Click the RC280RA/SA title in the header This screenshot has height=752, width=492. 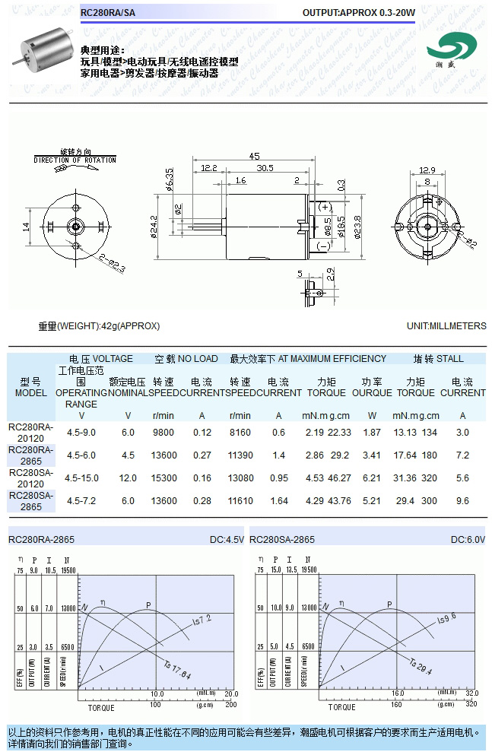point(108,13)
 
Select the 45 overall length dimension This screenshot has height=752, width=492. point(253,157)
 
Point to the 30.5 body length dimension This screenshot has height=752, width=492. point(265,168)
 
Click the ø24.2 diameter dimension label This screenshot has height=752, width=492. point(154,226)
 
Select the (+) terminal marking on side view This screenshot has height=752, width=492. point(325,207)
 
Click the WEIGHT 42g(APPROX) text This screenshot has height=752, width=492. point(99,326)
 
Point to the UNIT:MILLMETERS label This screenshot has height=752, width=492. point(446,326)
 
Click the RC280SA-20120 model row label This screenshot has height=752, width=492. point(30,478)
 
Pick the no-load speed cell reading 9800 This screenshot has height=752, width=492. point(163,433)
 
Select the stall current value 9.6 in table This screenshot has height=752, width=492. point(462,501)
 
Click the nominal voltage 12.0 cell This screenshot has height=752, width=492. point(128,478)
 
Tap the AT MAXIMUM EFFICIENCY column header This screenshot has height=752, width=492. point(307,359)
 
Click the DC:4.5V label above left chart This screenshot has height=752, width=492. point(227,540)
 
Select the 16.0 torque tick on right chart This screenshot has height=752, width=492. point(397,693)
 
